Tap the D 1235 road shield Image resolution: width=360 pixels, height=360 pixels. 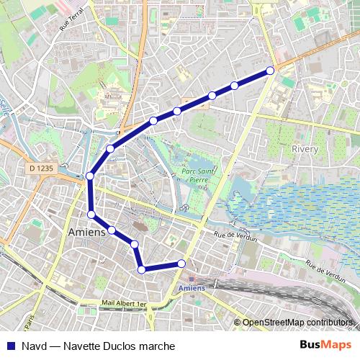[x=42, y=168]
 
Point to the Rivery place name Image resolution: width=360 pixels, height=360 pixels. [x=305, y=149]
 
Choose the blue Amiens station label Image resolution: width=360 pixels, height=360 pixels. [x=191, y=288]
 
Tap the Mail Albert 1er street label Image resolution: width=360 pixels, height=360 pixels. [x=124, y=305]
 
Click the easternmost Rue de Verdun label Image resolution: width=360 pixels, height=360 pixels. [x=325, y=271]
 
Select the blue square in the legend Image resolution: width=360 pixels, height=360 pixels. [x=11, y=346]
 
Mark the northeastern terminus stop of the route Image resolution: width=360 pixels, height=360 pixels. [x=270, y=71]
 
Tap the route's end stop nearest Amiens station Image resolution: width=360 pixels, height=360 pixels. [x=181, y=264]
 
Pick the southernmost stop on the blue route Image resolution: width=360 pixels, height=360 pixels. [x=142, y=270]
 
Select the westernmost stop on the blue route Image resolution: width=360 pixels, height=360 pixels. [x=90, y=176]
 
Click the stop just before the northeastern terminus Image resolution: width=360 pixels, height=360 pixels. [x=235, y=86]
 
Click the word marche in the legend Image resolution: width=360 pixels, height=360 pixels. [x=158, y=346]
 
